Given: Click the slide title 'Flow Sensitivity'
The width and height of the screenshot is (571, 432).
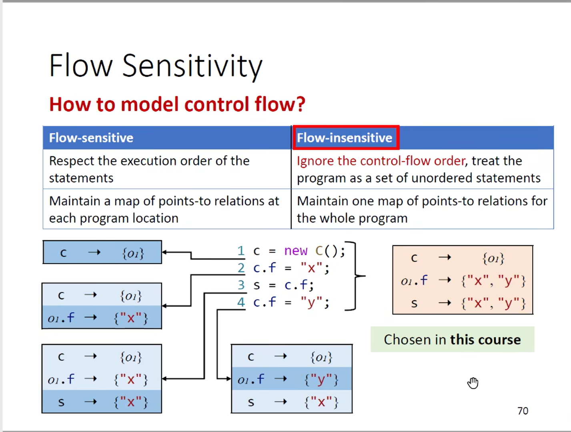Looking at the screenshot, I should [x=156, y=66].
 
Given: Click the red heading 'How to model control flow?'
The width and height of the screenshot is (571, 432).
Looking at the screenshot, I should [x=177, y=104].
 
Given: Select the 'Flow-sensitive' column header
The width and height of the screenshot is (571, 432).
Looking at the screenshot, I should [x=91, y=138].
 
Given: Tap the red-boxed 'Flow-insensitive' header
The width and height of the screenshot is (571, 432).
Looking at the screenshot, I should [x=345, y=138].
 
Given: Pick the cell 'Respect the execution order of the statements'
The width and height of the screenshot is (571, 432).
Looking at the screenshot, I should [x=149, y=169].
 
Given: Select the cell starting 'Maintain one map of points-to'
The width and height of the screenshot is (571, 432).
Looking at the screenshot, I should [x=422, y=209].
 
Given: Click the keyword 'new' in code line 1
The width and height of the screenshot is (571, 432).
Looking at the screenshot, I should [x=296, y=251].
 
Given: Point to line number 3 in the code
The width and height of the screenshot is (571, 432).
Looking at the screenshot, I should [x=241, y=285].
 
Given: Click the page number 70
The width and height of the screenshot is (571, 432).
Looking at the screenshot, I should [x=523, y=411].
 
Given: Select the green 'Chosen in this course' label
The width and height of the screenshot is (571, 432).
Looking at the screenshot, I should [x=452, y=340].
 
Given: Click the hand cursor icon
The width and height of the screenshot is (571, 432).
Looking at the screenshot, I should [x=473, y=383].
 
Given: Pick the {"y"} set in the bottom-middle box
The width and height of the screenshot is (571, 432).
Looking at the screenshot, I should [x=321, y=379].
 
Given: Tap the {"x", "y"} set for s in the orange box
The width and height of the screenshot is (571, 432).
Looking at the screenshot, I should [x=493, y=304].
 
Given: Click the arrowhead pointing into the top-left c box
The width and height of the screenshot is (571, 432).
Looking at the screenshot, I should [x=164, y=252].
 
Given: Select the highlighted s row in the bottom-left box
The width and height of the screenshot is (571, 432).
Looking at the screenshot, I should [x=102, y=402].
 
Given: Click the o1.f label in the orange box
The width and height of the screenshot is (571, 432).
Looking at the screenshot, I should [x=414, y=281].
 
